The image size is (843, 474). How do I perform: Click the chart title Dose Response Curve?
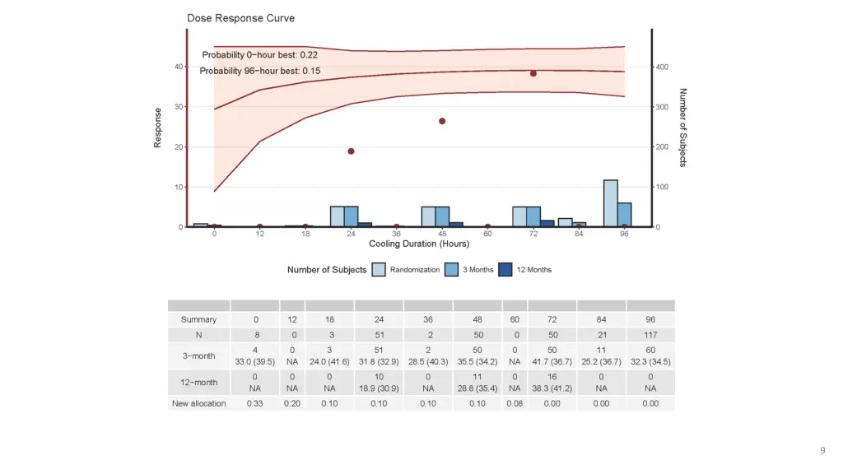[240, 18]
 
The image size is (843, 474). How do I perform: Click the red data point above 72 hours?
[533, 73]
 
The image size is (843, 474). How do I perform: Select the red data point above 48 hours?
[442, 121]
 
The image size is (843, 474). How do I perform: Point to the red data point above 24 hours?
[351, 151]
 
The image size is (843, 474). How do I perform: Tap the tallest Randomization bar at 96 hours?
[610, 203]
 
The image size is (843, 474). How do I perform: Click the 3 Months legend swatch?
[451, 270]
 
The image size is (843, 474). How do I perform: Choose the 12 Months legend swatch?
[506, 270]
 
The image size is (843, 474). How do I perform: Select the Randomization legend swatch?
[379, 270]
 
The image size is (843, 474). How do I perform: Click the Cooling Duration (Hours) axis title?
[419, 244]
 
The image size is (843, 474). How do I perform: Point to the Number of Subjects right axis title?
[683, 128]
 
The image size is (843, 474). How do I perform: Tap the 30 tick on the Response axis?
[179, 107]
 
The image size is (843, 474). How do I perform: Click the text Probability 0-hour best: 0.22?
[260, 55]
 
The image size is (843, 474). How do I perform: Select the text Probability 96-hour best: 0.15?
[260, 71]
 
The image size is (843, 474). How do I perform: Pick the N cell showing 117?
[650, 335]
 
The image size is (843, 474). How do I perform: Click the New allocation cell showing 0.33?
[255, 403]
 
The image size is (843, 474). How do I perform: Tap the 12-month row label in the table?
[198, 381]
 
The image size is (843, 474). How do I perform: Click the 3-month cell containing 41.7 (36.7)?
[552, 361]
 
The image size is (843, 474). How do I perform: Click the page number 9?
[822, 450]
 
